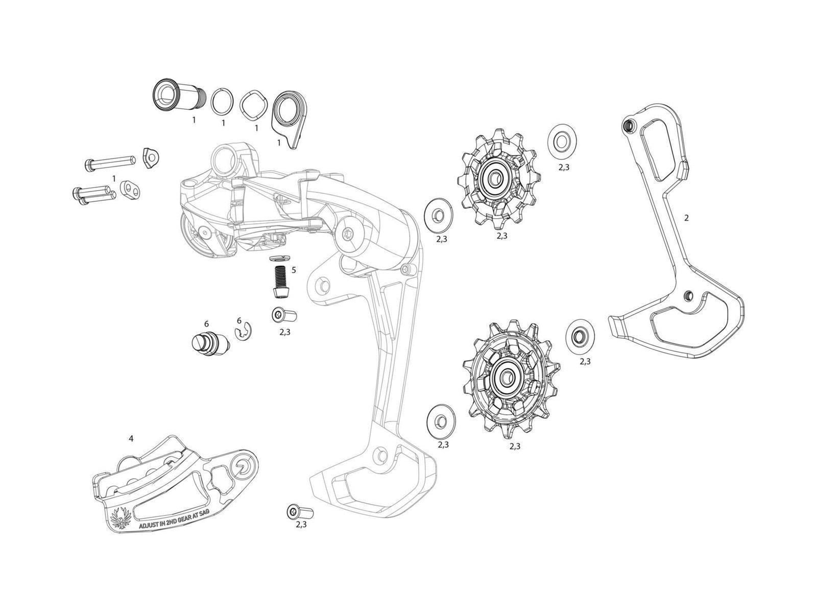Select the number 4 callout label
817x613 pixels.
coord(131,438)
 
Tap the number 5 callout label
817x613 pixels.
coord(294,270)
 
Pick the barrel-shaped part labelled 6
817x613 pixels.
coord(209,341)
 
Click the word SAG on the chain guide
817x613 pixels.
coord(203,512)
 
